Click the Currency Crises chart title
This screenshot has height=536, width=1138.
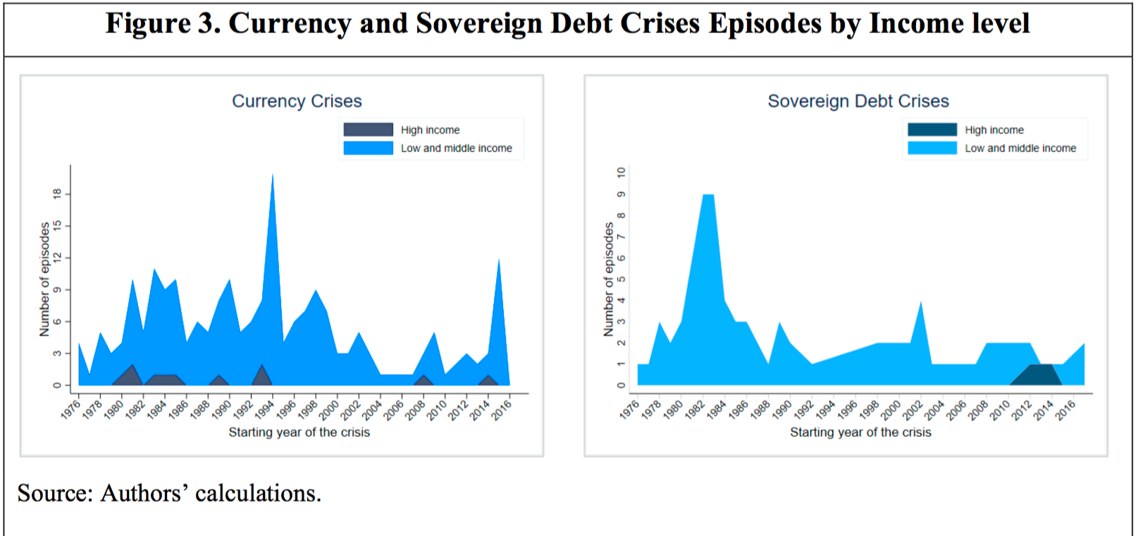click(x=297, y=101)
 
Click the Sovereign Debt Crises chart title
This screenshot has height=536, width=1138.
click(x=858, y=101)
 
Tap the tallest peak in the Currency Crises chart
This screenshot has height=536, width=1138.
click(x=273, y=176)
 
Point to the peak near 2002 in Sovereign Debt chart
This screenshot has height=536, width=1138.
click(x=921, y=304)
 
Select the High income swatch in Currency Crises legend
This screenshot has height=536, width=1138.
click(x=368, y=130)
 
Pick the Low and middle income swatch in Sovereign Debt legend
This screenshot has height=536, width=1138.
click(x=932, y=148)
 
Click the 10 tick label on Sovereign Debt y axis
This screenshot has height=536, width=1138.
click(x=621, y=173)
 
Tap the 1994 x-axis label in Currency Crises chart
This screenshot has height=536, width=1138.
click(x=264, y=409)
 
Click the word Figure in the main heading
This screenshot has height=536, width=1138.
click(x=148, y=24)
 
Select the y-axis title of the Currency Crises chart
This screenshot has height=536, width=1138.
click(x=44, y=279)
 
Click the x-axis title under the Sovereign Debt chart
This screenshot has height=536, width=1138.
click(x=860, y=432)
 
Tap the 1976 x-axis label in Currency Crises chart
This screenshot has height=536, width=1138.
click(x=70, y=409)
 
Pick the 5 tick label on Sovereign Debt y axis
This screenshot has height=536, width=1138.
click(x=621, y=279)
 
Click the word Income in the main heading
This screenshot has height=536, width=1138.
click(x=913, y=24)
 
